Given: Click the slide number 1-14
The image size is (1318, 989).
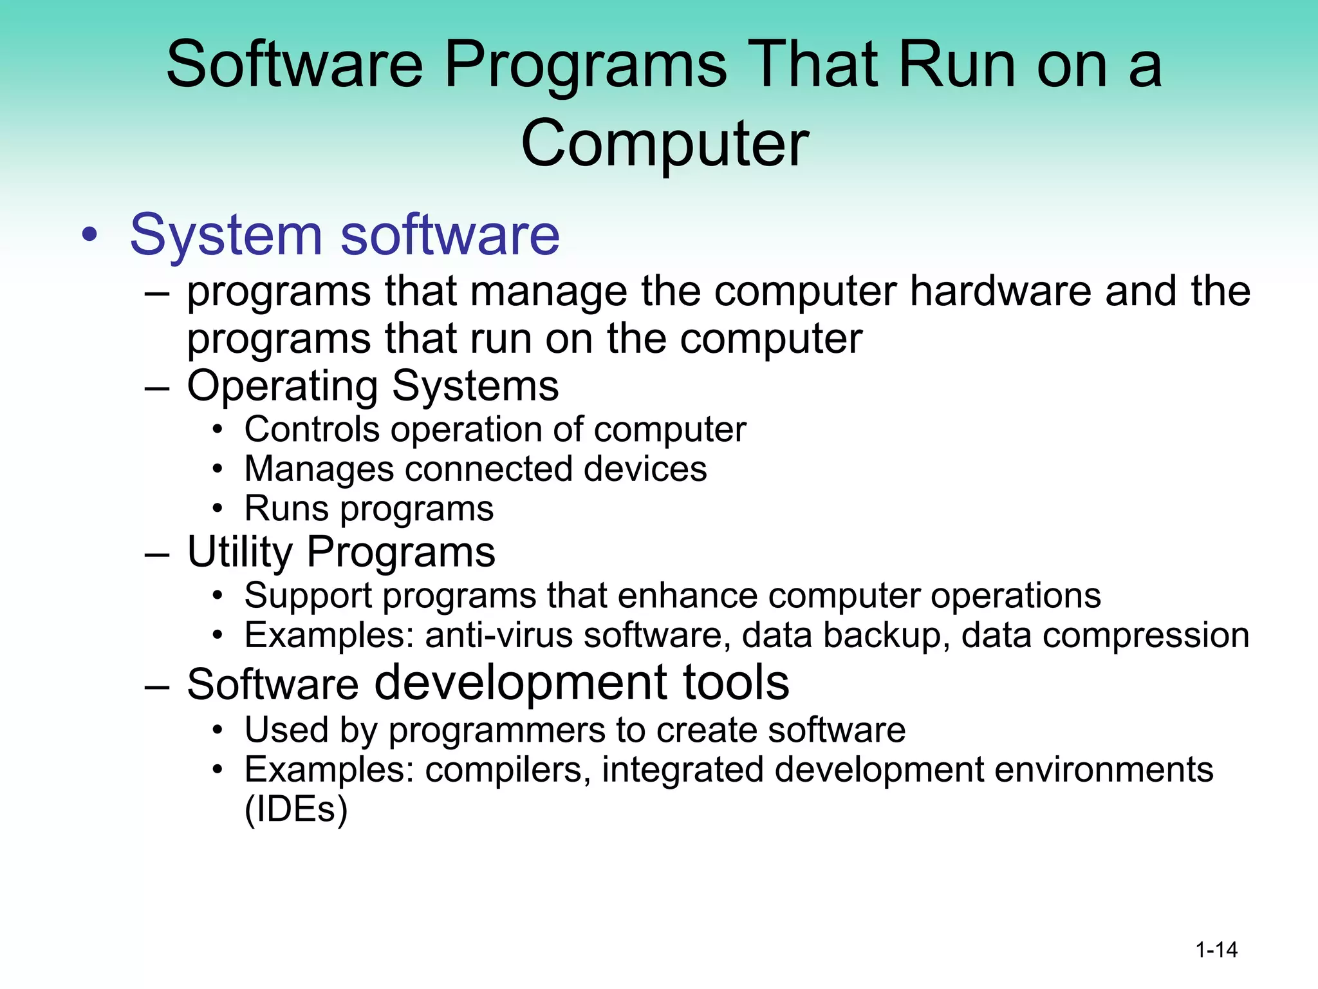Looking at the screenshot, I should (x=1216, y=950).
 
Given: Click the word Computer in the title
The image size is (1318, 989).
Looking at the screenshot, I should (x=664, y=143).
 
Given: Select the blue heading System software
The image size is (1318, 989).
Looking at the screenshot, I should (x=345, y=235).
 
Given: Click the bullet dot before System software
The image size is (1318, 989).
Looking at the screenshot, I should (x=90, y=236).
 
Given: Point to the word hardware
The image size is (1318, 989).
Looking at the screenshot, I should (x=1000, y=291).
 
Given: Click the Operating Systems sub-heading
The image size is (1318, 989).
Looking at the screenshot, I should (x=373, y=386).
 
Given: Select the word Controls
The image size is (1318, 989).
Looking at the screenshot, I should (x=312, y=429).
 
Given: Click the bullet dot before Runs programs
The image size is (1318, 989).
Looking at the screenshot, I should (x=218, y=509).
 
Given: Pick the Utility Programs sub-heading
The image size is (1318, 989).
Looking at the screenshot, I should (x=341, y=552).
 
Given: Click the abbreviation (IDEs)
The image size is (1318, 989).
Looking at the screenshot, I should (x=296, y=809).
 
